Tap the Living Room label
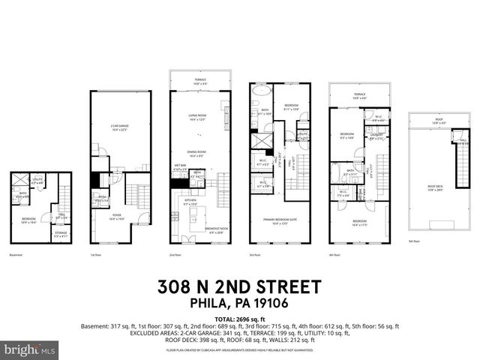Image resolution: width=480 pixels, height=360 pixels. pos(197,117)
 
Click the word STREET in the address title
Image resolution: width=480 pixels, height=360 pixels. pos(286,287)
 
